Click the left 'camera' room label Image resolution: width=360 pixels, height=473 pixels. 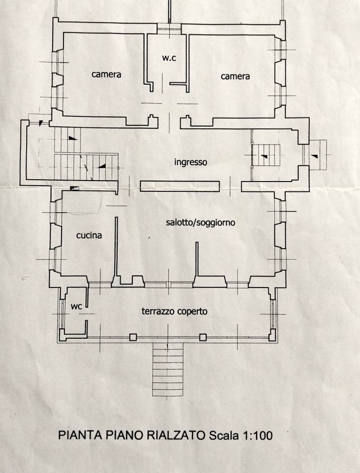106,74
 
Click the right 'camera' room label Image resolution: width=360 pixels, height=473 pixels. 235,77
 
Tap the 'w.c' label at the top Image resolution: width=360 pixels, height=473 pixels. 169,58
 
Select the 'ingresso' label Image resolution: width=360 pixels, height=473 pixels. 191,162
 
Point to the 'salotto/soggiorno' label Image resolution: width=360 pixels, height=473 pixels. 201,223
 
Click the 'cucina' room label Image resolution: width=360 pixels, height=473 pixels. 89,235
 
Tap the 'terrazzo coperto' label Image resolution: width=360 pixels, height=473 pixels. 174,311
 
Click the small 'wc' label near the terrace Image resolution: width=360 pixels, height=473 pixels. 76,306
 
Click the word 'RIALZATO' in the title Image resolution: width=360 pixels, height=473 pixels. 177,436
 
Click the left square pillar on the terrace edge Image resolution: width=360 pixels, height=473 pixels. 133,337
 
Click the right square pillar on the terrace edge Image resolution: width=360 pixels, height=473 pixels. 203,337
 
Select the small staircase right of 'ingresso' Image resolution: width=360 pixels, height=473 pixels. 266,155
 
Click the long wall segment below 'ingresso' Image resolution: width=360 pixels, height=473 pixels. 180,185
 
